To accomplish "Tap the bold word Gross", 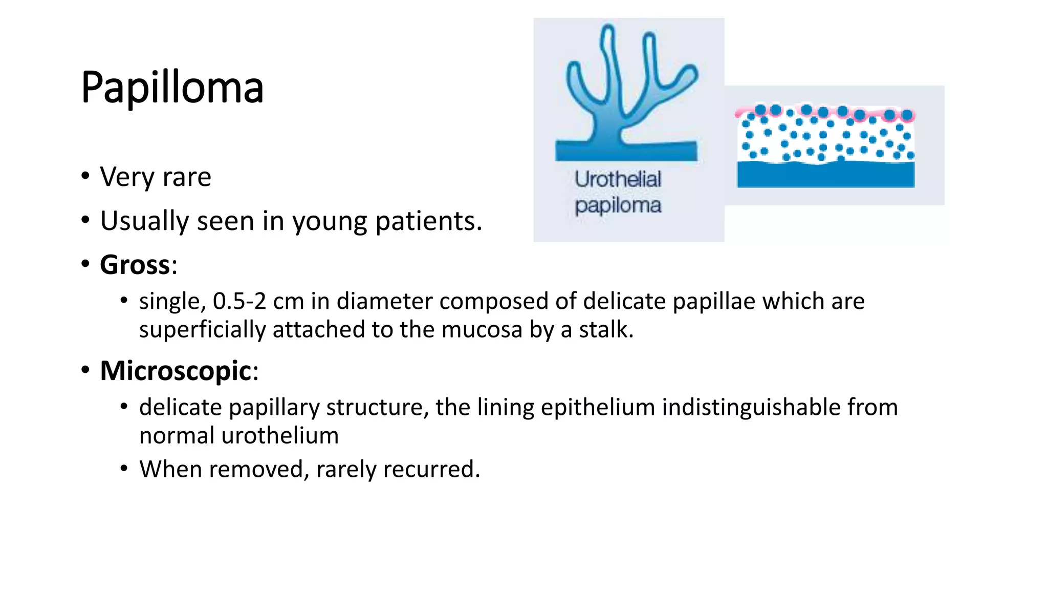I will [x=135, y=265].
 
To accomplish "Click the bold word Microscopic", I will [x=176, y=371].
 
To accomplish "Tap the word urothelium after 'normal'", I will [x=280, y=436].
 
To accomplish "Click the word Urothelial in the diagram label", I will [x=618, y=179].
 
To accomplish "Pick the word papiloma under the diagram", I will [x=618, y=206].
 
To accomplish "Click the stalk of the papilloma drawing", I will [x=608, y=128].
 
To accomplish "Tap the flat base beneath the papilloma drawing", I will [x=626, y=152].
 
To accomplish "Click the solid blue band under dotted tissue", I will [x=825, y=176].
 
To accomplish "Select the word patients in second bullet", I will [x=429, y=221].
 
